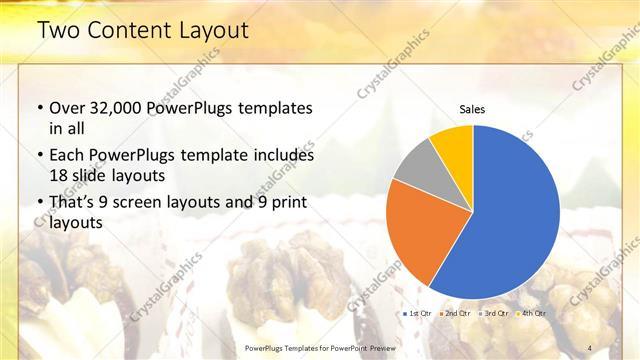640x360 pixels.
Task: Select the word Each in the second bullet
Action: [68, 156]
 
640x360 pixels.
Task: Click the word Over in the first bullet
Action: [68, 108]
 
